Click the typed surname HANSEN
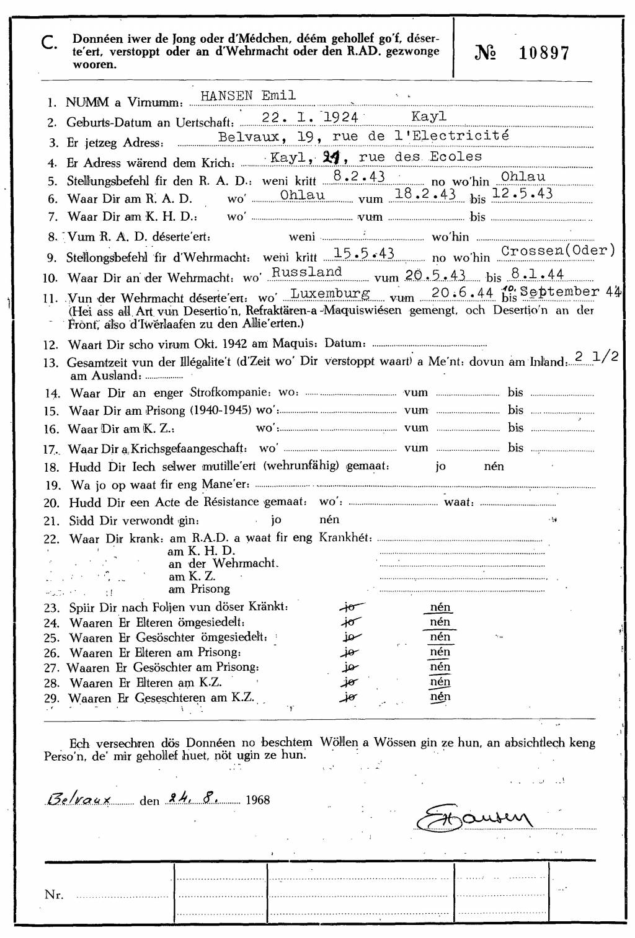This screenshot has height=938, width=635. pos(226,96)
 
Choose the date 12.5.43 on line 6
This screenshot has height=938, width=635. pos(522,193)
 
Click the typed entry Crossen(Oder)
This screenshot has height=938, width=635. pos(558,250)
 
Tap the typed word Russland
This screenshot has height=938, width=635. pos(307,272)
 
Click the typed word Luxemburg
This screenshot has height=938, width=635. pos(331,293)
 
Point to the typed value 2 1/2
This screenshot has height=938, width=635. pos(596,357)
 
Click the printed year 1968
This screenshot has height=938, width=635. pos(258,800)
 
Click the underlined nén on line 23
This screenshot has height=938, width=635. pos(440,607)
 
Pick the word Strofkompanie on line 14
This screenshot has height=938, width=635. pos(230,392)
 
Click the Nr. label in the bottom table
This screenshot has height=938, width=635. pos(54,894)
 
